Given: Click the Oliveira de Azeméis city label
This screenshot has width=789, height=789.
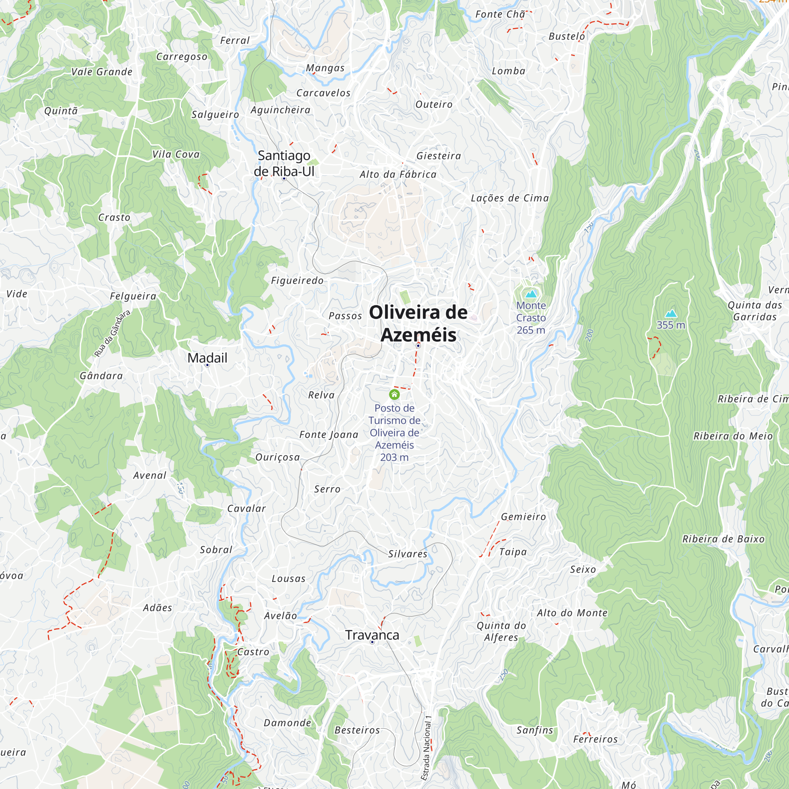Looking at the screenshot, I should point(418,323).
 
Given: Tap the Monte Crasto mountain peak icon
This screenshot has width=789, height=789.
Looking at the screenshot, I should point(531,294).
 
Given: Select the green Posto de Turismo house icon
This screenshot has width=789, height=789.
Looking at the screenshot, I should point(394,394).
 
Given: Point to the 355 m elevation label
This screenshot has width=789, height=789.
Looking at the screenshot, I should point(671,325).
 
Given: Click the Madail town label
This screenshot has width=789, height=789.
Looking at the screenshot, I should point(208,358).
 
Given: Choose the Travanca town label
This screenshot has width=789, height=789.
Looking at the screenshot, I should point(372,635).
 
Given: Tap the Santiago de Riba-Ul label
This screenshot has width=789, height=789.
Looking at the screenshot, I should point(284,163).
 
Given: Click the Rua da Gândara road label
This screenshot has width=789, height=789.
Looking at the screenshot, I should point(112,333).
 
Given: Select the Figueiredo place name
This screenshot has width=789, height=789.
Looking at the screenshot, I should point(297,280).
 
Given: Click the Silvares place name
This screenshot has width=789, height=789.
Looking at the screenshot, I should point(408,554).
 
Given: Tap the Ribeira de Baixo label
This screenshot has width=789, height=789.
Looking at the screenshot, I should point(723,539).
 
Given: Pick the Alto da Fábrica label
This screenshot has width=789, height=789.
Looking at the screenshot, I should point(398,175).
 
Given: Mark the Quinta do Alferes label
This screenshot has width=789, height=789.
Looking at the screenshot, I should point(501,631).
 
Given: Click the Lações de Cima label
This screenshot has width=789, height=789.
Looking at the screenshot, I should point(510,198).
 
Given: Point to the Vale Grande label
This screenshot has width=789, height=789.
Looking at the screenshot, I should point(102,72).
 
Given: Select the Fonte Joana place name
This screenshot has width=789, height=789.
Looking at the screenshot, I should point(329,434).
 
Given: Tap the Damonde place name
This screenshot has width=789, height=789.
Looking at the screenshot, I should point(288,723).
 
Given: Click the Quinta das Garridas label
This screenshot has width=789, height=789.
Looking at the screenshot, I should point(755,311).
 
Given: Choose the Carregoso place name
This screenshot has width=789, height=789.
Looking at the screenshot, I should point(182,57).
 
